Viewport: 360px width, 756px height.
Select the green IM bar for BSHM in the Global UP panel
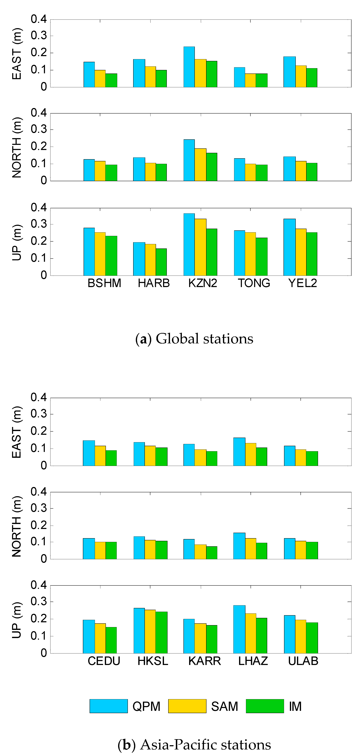[x=111, y=256]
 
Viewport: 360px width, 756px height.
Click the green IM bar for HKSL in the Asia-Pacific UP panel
[x=161, y=632]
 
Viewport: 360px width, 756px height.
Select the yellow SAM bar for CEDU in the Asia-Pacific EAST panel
[x=100, y=456]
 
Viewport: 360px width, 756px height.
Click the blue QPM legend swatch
[x=109, y=706]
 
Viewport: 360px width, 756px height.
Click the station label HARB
[x=154, y=283]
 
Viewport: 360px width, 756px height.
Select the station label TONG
[x=254, y=283]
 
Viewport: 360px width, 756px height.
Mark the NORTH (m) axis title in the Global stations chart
[x=17, y=147]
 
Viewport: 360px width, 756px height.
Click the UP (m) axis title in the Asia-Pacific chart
[x=17, y=620]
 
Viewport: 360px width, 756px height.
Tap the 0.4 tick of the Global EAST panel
[x=39, y=19]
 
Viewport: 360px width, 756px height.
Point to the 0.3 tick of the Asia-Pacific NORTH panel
[x=39, y=508]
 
